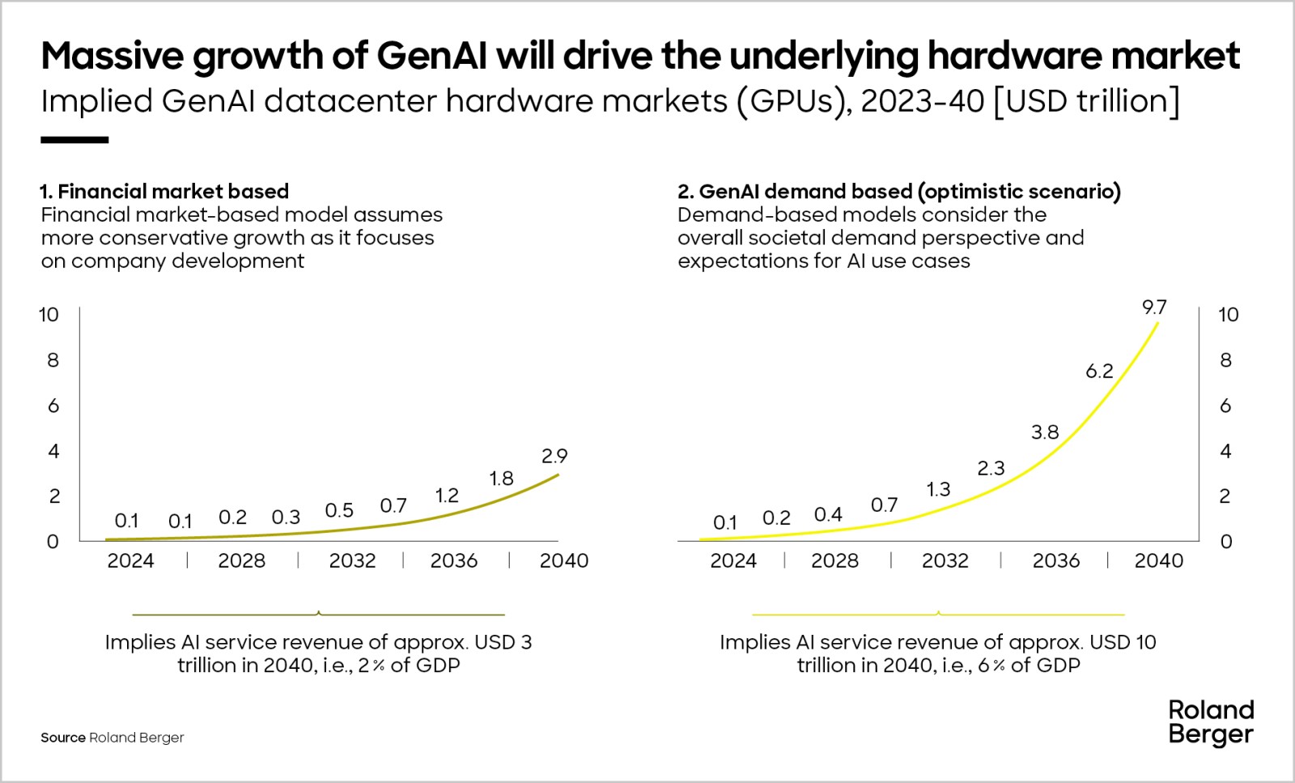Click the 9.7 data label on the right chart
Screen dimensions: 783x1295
1154,307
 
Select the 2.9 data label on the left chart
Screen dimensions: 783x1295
554,455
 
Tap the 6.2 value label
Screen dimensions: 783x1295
1099,371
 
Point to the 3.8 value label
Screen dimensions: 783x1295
1045,432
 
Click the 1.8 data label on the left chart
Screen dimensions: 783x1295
501,479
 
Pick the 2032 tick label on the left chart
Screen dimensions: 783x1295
352,560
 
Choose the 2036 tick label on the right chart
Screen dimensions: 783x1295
1055,560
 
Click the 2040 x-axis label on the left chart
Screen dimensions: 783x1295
564,560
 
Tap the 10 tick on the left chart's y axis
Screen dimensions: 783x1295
49,314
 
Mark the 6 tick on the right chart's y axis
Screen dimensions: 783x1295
1225,405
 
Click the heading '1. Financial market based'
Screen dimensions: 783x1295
164,191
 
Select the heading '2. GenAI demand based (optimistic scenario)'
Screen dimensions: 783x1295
898,191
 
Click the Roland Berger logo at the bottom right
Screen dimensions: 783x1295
1211,722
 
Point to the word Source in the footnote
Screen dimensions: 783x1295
62,738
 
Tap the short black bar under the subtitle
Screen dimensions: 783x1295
74,140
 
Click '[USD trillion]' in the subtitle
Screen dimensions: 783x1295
1086,101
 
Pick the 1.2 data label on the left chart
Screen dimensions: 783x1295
447,495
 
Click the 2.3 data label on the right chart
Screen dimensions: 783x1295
991,468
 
